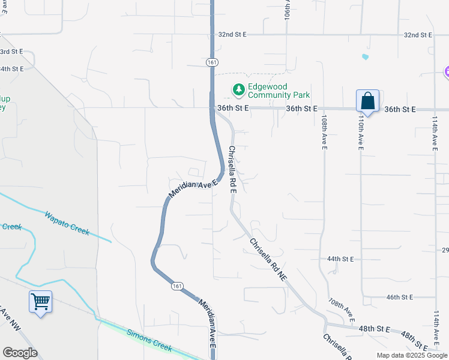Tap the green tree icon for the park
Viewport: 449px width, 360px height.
coord(239,90)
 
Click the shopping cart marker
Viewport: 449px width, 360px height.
coord(40,301)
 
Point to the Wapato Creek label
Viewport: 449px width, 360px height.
coord(67,223)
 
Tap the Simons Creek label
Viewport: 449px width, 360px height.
coord(148,340)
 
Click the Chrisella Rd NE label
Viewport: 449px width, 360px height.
coord(268,260)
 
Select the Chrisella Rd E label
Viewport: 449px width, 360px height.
coord(233,170)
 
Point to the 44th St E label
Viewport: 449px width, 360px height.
coord(341,259)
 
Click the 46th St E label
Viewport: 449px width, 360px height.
coord(400,297)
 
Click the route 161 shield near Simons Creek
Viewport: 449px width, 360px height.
coord(176,286)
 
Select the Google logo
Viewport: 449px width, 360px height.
coord(20,353)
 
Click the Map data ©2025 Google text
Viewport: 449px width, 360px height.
coord(412,355)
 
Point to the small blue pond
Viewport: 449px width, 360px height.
coord(365,58)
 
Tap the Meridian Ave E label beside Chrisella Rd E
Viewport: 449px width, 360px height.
coord(192,189)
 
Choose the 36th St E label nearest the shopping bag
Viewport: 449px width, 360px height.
coord(400,109)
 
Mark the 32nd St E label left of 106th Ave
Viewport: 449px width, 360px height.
coord(232,35)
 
